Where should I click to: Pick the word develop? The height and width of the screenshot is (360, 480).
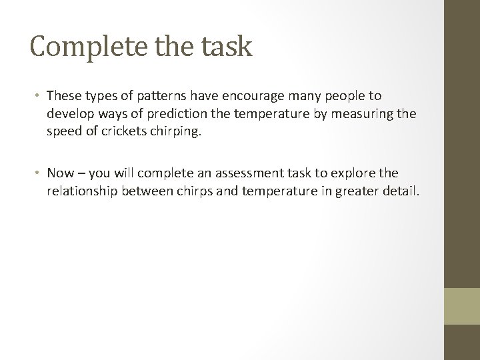click(67, 114)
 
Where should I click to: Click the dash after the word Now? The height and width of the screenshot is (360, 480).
click(81, 174)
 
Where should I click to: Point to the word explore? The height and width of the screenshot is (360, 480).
click(355, 173)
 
